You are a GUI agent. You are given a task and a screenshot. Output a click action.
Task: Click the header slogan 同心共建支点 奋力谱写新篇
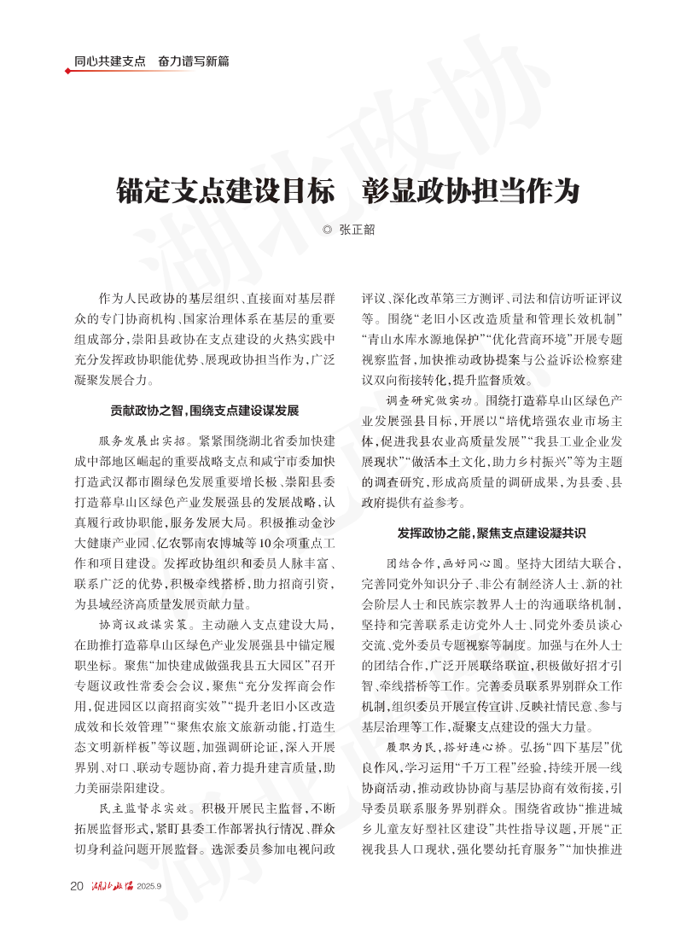tap(151, 61)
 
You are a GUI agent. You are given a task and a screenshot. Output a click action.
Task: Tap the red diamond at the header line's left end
tap(67, 71)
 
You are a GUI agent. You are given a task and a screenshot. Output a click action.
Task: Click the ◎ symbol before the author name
tap(327, 229)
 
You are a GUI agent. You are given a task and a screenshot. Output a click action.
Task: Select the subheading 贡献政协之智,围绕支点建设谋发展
tap(204, 410)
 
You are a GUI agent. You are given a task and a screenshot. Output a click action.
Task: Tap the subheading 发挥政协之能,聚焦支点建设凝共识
tap(491, 533)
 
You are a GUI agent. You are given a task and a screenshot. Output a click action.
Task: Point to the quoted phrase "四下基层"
tap(567, 747)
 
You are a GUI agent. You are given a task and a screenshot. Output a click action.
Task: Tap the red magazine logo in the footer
tap(113, 885)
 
